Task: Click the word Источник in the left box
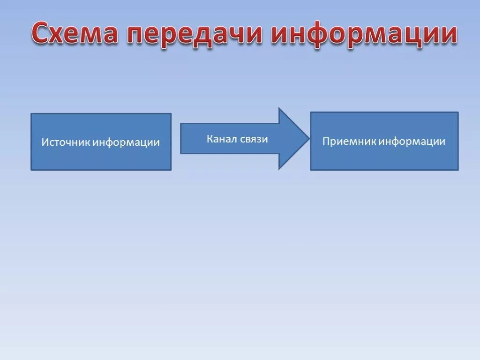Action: click(66, 142)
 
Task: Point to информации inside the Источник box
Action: click(126, 142)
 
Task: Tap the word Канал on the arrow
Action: click(222, 139)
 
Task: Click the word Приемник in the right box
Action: click(349, 141)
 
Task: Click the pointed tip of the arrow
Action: click(309, 138)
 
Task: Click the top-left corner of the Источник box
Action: click(31, 114)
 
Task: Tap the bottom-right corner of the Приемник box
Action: click(458, 170)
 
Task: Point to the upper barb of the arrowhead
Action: click(279, 108)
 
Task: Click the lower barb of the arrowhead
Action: click(279, 169)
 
